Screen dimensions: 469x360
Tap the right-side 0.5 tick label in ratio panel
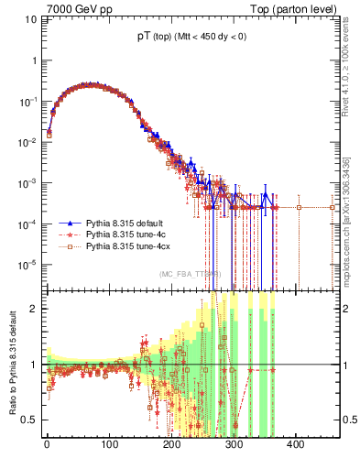click(x=348, y=420)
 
